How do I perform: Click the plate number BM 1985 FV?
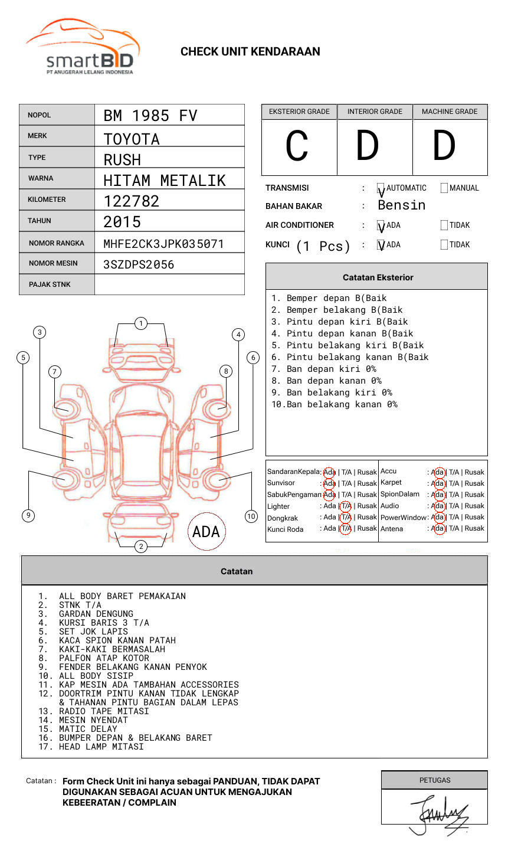(x=150, y=116)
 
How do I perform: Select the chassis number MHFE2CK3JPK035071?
(x=163, y=244)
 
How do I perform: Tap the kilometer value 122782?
(x=132, y=201)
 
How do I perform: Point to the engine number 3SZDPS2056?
(x=139, y=264)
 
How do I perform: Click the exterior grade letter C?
(x=297, y=146)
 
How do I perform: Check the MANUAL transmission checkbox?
(x=444, y=188)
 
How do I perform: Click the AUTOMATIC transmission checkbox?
(x=381, y=188)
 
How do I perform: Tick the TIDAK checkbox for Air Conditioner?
(x=444, y=225)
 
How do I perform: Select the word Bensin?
(x=401, y=205)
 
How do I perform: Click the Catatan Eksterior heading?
(x=378, y=277)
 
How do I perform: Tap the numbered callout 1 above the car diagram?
(x=140, y=323)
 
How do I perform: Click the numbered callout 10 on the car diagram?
(x=251, y=516)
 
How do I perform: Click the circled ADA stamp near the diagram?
(x=206, y=532)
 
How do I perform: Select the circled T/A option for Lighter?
(x=346, y=506)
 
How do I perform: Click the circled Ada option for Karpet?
(x=438, y=483)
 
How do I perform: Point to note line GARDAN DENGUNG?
(x=96, y=614)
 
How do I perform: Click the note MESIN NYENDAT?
(x=93, y=720)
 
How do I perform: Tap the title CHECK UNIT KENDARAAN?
(x=250, y=52)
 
